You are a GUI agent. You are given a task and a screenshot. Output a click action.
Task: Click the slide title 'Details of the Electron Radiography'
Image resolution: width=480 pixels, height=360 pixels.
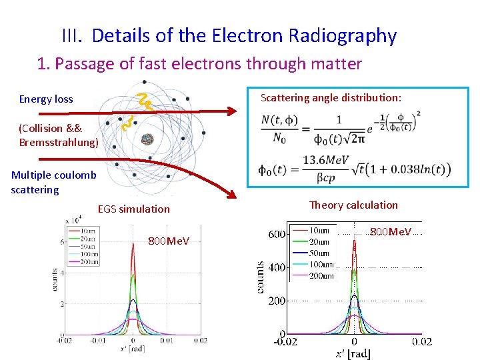[x=244, y=35]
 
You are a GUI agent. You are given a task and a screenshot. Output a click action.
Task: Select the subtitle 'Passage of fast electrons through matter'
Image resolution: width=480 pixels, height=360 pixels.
[x=208, y=64]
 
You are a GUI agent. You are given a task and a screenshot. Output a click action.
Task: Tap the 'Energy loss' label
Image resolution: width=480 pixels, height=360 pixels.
[x=46, y=99]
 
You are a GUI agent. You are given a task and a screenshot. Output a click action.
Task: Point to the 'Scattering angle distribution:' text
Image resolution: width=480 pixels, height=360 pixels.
[x=331, y=98]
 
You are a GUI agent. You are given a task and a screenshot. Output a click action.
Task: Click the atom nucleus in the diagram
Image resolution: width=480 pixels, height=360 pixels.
[x=147, y=139]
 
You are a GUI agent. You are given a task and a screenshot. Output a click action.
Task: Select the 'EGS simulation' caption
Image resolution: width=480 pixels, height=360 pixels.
[x=133, y=209]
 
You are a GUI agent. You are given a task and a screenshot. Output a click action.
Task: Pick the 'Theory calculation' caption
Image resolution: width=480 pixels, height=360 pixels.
[x=353, y=205]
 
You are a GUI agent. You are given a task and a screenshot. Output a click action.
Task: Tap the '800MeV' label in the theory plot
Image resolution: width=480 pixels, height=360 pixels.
[x=391, y=232]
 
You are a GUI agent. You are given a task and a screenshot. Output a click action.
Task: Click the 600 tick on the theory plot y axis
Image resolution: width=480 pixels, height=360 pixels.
[x=277, y=234]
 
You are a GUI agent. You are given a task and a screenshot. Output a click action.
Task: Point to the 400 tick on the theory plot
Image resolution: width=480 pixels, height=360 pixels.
[x=277, y=267]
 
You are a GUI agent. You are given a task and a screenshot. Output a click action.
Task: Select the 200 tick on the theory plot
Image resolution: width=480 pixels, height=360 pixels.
[x=277, y=301]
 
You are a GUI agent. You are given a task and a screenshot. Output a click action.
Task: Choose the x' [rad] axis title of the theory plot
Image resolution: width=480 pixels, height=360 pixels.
[x=353, y=353]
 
